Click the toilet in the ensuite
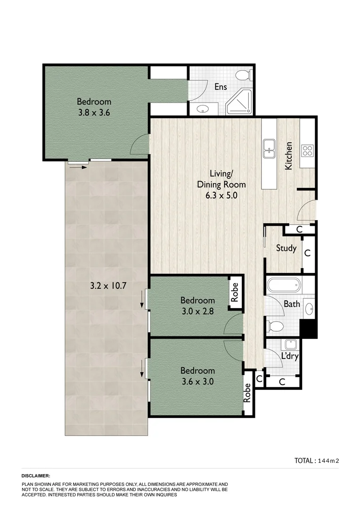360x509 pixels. (x=243, y=75)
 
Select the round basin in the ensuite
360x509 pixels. (x=203, y=109)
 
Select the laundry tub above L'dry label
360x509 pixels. (x=290, y=344)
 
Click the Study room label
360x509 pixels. (x=286, y=248)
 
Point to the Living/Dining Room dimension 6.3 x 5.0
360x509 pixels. (x=221, y=195)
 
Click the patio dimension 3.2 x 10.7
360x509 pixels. (x=109, y=285)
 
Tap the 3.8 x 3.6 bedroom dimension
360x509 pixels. (x=94, y=113)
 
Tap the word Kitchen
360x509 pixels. (x=288, y=156)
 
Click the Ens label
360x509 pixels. (x=221, y=87)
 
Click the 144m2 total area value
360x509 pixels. (x=328, y=461)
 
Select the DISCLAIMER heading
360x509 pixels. (x=36, y=476)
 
